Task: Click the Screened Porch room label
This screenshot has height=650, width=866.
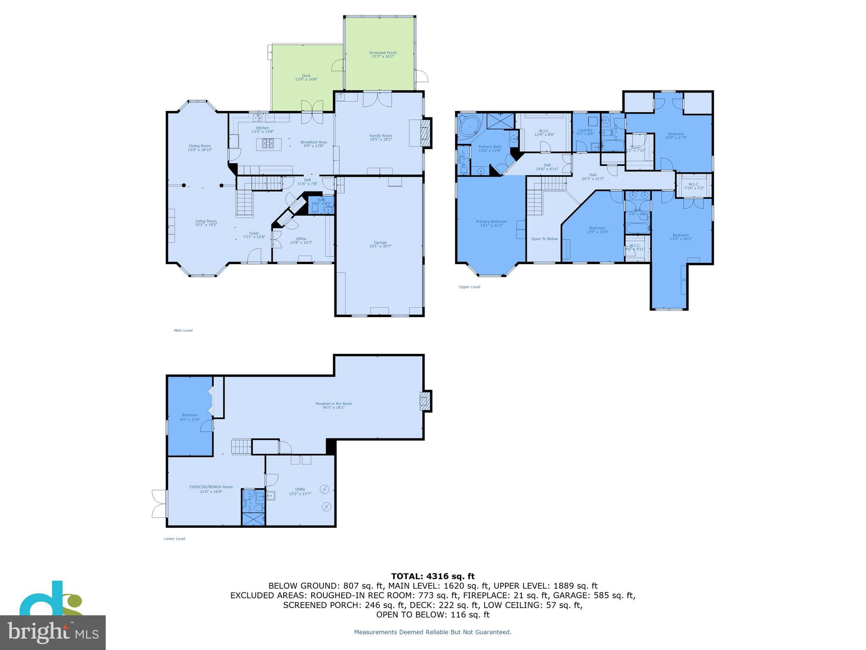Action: (383, 53)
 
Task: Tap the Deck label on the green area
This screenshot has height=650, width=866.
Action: (306, 76)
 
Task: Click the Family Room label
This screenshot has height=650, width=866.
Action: (381, 136)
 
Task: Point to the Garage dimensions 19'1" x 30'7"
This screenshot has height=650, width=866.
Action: (380, 246)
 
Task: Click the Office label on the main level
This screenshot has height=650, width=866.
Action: (301, 239)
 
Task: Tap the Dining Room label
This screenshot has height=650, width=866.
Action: (200, 146)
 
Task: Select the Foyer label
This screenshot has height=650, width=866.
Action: (254, 233)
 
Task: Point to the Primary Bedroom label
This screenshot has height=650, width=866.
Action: (491, 221)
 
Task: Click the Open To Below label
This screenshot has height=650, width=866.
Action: (544, 239)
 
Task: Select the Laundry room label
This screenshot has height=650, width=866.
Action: (585, 130)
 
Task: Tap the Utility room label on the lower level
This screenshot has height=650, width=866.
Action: (300, 489)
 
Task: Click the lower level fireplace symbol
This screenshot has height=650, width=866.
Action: (425, 401)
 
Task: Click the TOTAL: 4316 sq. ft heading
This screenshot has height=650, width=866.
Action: (433, 576)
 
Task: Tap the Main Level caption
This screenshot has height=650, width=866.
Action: (183, 331)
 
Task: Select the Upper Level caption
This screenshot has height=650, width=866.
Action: (469, 287)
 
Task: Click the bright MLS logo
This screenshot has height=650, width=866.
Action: (53, 632)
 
